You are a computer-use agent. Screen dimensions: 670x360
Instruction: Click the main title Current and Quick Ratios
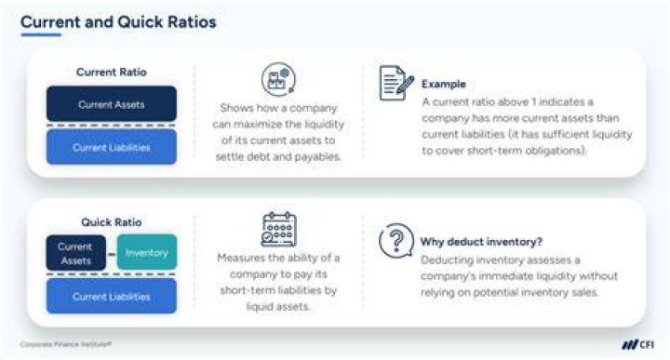tap(118, 22)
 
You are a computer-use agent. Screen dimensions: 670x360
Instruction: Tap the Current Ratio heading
tap(111, 73)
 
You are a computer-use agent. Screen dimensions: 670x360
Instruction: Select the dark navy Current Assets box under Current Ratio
tap(112, 104)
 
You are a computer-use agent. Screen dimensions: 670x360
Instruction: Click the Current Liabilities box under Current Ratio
tap(112, 147)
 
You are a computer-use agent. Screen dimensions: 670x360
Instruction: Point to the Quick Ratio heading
tap(111, 222)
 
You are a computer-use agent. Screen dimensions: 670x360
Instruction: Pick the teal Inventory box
tap(147, 252)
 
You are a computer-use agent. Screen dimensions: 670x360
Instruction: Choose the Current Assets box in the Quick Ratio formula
tap(75, 253)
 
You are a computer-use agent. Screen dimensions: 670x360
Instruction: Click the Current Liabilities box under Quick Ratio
tap(112, 297)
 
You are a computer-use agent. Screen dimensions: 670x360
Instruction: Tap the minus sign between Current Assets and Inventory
tap(112, 255)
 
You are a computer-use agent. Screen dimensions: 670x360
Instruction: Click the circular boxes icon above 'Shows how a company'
tap(278, 79)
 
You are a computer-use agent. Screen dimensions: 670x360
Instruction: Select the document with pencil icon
tap(396, 83)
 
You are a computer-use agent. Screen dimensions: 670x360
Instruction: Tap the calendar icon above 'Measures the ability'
tap(278, 230)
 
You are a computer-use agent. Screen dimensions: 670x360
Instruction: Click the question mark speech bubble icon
tap(396, 241)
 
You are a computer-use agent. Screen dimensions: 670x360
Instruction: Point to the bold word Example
tap(444, 84)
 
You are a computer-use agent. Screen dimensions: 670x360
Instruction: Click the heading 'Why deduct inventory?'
tap(481, 242)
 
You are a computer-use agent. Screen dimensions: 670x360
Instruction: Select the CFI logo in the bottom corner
tap(637, 344)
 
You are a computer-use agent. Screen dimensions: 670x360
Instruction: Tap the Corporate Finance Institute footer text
tap(66, 344)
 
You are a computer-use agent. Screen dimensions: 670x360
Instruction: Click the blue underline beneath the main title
tap(41, 35)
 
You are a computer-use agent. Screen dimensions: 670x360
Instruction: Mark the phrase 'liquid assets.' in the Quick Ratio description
tap(278, 307)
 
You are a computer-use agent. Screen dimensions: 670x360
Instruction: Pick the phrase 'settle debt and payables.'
tap(278, 156)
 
